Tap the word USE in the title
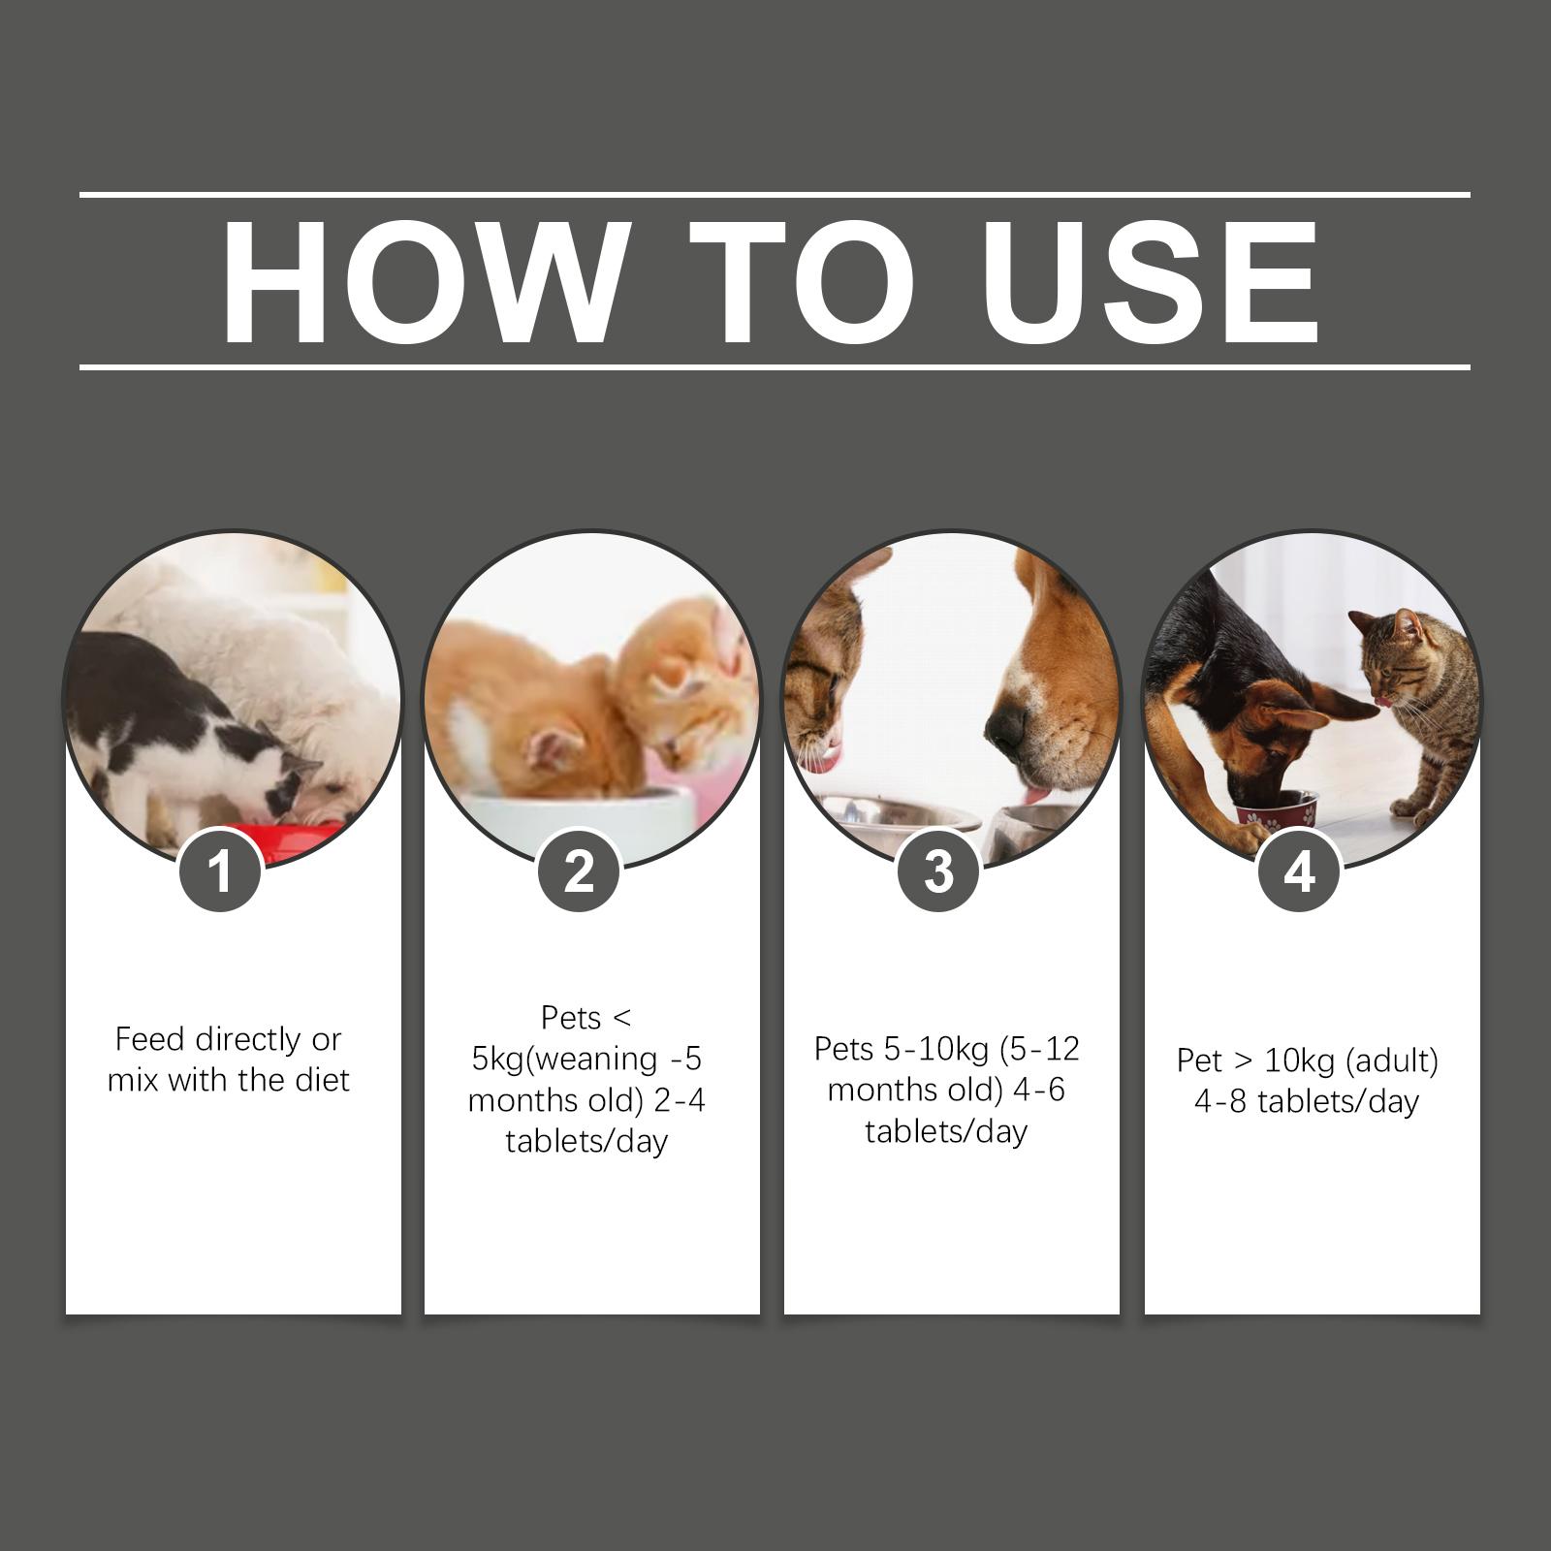pyautogui.click(x=1150, y=282)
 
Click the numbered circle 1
pyautogui.click(x=221, y=870)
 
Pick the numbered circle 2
pyautogui.click(x=579, y=870)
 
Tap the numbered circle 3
pyautogui.click(x=938, y=870)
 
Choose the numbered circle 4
pyautogui.click(x=1299, y=870)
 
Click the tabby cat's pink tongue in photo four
pyautogui.click(x=1382, y=700)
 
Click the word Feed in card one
pyautogui.click(x=151, y=1039)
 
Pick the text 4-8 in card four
pyautogui.click(x=1219, y=1101)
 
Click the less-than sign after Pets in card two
pyautogui.click(x=621, y=1018)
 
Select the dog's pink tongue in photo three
pyautogui.click(x=1037, y=795)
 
